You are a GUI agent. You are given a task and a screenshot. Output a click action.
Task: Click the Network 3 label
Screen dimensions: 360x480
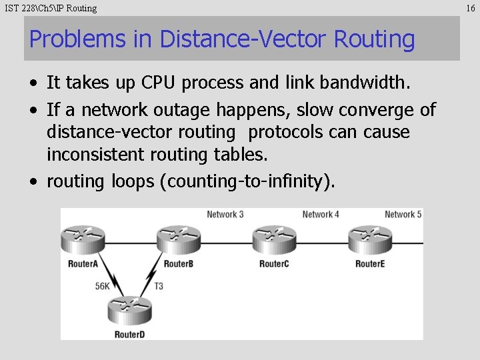[x=225, y=215]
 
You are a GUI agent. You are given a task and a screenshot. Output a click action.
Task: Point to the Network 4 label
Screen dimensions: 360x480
[x=321, y=215]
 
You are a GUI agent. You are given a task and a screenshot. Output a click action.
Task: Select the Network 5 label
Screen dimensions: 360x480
[x=403, y=215]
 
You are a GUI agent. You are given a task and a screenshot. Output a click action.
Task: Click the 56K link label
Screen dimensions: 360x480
[x=102, y=287]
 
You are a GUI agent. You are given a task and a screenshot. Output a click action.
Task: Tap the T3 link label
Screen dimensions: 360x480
[x=159, y=287]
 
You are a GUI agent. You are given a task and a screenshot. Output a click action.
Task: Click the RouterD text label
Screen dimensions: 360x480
[x=129, y=334]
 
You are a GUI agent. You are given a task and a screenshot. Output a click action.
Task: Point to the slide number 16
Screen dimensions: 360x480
[x=471, y=8]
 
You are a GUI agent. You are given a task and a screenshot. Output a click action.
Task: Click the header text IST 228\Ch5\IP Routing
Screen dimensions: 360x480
[x=51, y=8]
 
